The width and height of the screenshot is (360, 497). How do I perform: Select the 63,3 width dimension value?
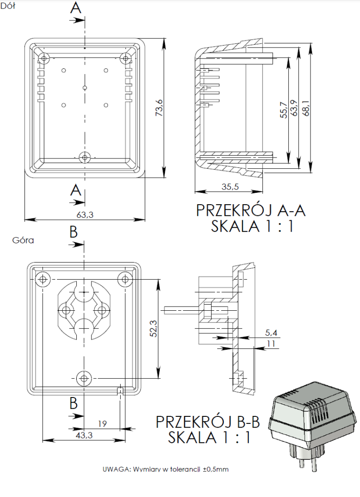84,215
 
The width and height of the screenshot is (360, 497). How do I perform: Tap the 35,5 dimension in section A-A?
230,187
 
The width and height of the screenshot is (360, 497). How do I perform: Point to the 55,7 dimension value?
283,109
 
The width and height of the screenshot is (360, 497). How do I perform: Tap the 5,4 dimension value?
271,333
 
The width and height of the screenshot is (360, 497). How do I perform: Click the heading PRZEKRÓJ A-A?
251,210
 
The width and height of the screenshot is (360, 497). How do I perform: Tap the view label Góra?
23,240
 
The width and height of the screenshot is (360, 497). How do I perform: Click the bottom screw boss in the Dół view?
85,157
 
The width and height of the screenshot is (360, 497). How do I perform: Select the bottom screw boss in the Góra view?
84,377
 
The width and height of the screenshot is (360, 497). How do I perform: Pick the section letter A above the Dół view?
76,8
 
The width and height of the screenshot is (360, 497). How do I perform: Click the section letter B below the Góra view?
74,404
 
